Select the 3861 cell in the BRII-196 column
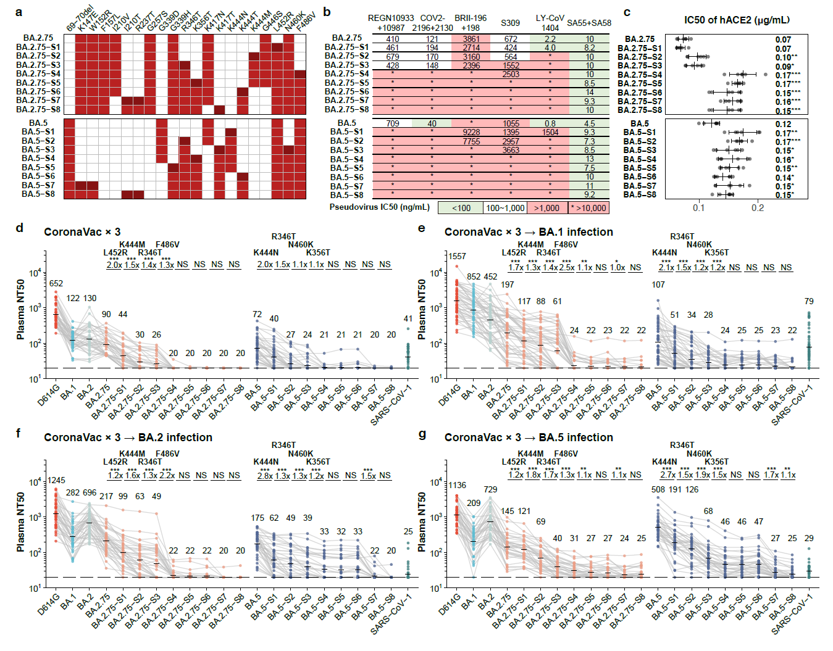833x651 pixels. click(471, 39)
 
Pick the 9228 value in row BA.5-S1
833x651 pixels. click(471, 132)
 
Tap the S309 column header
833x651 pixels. click(510, 23)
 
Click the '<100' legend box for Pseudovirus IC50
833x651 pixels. click(461, 208)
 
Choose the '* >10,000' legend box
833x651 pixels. click(588, 208)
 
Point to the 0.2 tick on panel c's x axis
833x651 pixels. click(758, 207)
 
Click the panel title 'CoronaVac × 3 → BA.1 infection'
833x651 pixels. click(529, 232)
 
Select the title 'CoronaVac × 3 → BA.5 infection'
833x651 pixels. click(529, 437)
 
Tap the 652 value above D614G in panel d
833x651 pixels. click(56, 284)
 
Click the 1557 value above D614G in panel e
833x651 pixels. click(457, 256)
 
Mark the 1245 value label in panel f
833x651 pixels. click(56, 481)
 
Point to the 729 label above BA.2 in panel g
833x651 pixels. click(490, 489)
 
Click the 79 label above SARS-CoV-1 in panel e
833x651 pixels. click(809, 301)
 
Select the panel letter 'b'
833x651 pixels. click(327, 12)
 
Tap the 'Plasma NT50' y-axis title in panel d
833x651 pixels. click(21, 310)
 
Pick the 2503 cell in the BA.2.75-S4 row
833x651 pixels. click(510, 74)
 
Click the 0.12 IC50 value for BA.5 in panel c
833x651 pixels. click(783, 124)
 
